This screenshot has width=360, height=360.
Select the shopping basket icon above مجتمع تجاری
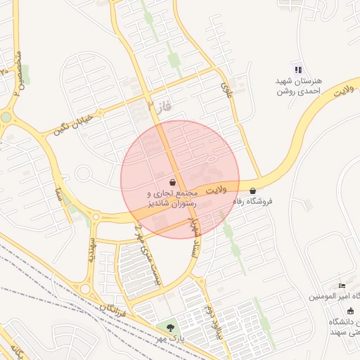173,181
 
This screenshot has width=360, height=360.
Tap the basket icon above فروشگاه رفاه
252,191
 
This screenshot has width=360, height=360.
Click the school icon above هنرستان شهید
298,70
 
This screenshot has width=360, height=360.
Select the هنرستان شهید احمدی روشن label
298,86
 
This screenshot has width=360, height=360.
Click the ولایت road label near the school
342,91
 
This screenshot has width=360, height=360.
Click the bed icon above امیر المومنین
342,285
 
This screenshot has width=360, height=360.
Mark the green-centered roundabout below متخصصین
6,117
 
